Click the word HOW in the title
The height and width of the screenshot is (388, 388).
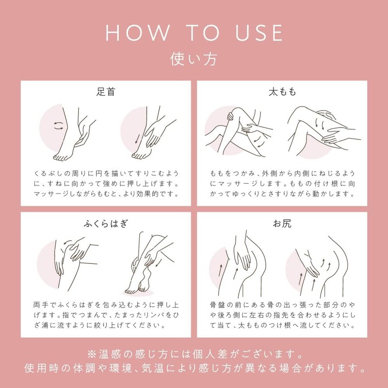[x=138, y=32]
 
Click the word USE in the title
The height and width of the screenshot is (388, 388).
[x=259, y=32]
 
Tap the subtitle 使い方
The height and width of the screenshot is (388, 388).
[x=194, y=59]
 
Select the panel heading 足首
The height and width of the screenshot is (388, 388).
[x=106, y=92]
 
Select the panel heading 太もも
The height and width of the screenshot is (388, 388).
[x=282, y=92]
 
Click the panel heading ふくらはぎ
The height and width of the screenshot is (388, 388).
[x=106, y=224]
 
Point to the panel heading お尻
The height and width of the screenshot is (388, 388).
[x=282, y=224]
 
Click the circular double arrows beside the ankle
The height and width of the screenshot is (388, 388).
[x=58, y=126]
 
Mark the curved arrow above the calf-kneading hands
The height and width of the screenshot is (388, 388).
[x=68, y=242]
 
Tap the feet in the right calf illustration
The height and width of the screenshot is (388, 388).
[x=137, y=285]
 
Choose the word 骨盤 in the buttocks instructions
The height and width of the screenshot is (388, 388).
[x=217, y=305]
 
